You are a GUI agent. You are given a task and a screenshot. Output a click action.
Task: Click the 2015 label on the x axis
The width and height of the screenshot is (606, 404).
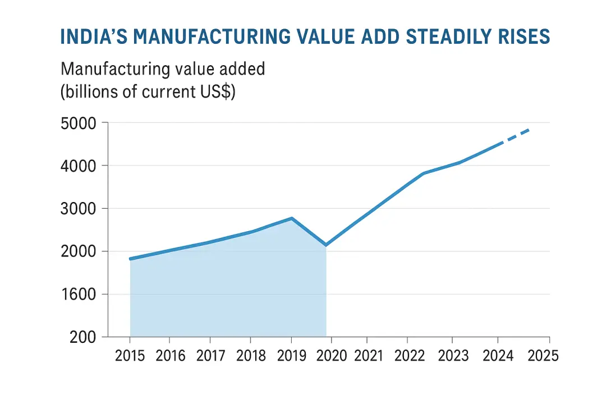(x=130, y=356)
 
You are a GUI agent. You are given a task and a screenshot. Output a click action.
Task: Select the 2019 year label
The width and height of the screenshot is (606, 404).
(x=291, y=356)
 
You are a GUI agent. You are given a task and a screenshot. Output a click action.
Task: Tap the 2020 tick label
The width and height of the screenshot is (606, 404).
(x=332, y=356)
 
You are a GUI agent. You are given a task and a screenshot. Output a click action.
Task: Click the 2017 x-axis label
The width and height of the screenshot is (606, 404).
(x=210, y=356)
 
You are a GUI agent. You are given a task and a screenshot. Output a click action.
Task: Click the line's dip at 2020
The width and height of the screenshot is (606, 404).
(x=325, y=245)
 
